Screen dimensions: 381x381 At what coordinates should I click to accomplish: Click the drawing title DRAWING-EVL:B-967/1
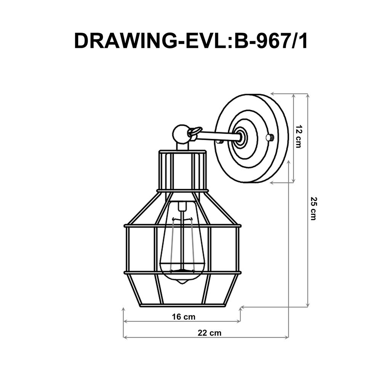[190, 40]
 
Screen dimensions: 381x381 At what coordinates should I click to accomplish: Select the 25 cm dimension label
[313, 208]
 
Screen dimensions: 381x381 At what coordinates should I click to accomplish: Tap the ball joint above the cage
[180, 134]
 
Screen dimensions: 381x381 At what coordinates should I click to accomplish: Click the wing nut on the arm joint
[194, 132]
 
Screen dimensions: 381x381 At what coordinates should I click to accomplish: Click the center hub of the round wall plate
[241, 138]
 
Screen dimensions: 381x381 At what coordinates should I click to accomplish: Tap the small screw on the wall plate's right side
[270, 138]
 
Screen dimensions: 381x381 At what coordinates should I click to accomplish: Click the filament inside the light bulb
[183, 244]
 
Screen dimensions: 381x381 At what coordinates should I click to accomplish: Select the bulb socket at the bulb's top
[183, 206]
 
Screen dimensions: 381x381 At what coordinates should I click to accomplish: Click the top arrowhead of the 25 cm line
[307, 96]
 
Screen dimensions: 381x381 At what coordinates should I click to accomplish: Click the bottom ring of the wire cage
[182, 305]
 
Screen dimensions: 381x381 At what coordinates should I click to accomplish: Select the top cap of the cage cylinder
[182, 152]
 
